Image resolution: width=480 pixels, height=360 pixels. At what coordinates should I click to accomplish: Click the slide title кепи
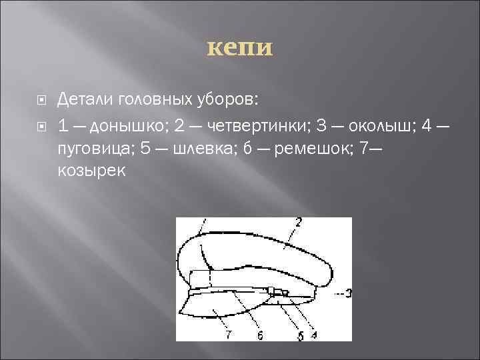pos(240,47)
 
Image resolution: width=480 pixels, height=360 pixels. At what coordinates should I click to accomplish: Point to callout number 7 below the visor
pos(229,333)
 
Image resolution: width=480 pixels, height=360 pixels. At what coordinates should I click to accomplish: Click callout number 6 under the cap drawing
pos(259,335)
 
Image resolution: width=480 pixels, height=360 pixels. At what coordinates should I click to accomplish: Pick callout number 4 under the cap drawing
pos(313,335)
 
